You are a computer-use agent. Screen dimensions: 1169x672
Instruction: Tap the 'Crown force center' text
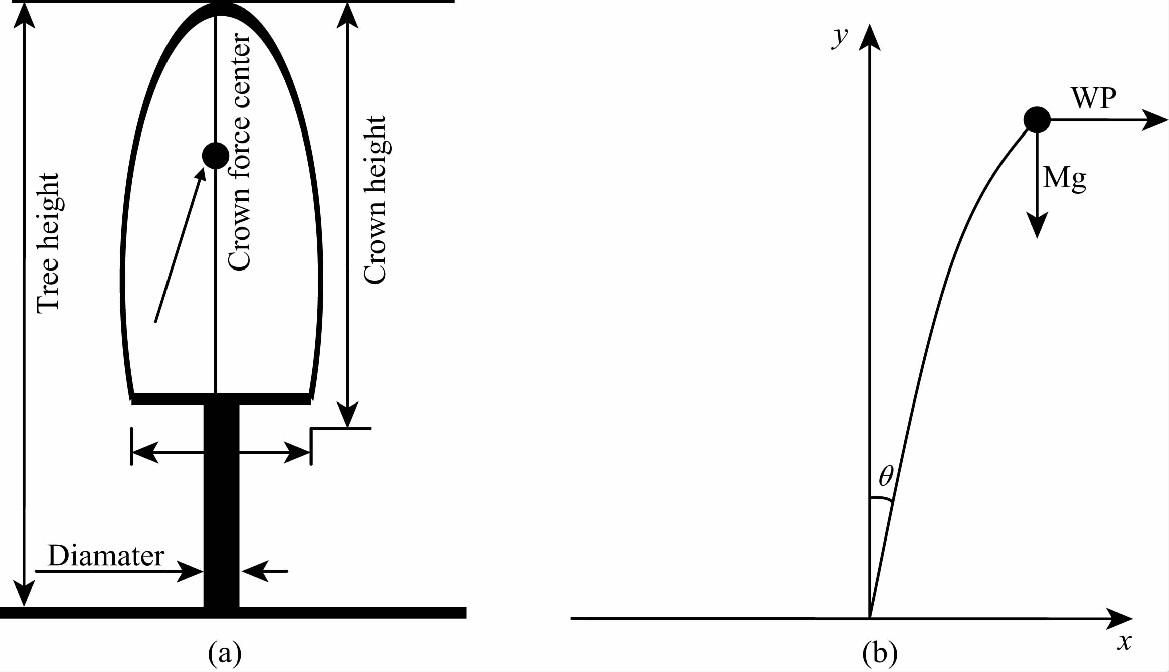[x=239, y=152]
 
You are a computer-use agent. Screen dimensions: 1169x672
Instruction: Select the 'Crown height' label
[x=375, y=200]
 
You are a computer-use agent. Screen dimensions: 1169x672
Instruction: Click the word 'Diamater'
[x=106, y=556]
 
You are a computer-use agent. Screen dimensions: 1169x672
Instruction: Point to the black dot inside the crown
[x=216, y=156]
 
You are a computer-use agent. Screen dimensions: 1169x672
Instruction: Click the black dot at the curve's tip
[x=1037, y=120]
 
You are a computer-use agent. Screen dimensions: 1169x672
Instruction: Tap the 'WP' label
[x=1094, y=98]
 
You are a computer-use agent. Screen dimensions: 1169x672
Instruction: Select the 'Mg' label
[x=1064, y=178]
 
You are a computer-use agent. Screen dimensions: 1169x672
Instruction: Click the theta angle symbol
[x=886, y=476]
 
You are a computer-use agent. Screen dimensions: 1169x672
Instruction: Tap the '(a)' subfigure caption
[x=225, y=653]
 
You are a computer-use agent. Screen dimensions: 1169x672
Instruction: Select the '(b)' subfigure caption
[x=880, y=653]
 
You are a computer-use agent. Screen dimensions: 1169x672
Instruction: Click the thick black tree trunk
[x=221, y=502]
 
